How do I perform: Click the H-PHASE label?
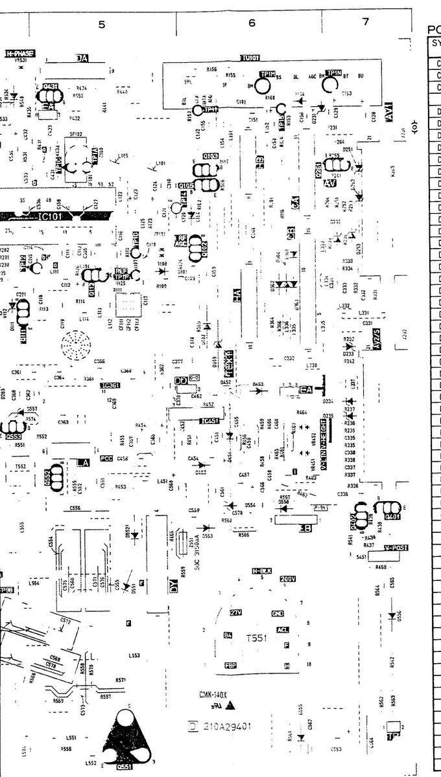19,53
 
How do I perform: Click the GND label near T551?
278,613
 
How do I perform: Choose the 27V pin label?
236,613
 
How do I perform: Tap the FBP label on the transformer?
230,665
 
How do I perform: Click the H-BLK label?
261,570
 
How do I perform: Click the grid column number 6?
252,23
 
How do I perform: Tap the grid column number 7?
366,22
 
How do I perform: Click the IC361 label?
110,386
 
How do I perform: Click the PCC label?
106,458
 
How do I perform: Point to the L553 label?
134,656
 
